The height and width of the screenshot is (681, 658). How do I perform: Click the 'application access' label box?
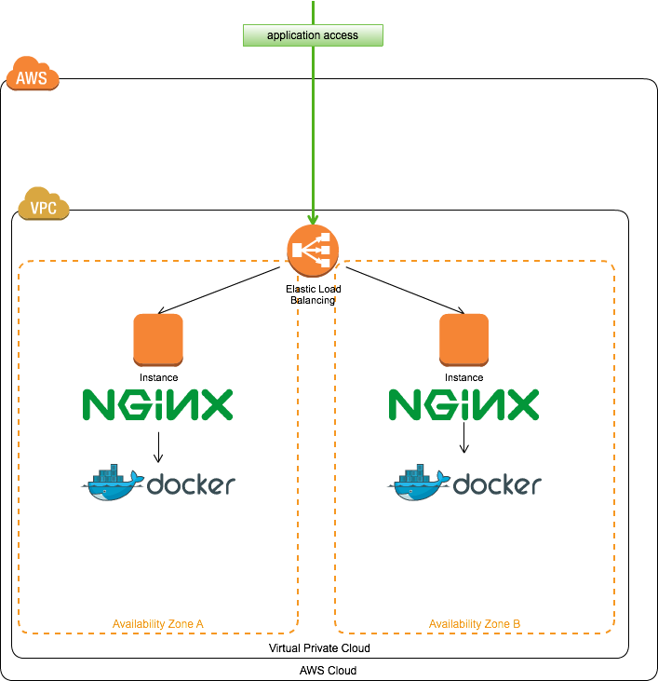(x=313, y=35)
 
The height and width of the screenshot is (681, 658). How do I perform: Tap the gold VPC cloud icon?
(x=44, y=205)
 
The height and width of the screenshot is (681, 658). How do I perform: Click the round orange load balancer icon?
(x=313, y=251)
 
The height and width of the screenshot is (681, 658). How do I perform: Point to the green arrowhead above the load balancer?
(x=313, y=219)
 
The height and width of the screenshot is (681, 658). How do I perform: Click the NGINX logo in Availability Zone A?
(x=158, y=405)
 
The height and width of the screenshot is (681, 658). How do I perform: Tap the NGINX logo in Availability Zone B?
(x=463, y=405)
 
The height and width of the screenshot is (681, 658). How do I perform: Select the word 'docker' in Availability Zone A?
(x=191, y=485)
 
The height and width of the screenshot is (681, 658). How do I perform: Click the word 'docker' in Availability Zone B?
(x=497, y=485)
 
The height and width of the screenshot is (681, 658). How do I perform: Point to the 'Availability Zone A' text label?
(x=158, y=623)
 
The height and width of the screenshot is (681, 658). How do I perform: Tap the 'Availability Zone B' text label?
(x=475, y=623)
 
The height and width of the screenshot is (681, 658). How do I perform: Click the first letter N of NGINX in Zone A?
(x=98, y=405)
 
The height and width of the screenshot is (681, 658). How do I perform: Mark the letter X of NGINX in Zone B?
(x=523, y=405)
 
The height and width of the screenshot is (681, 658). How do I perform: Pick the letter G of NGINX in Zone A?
(x=131, y=405)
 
